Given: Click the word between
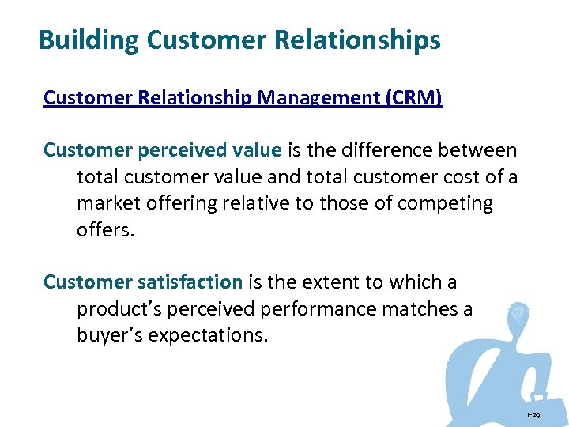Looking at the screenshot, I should tap(481, 150).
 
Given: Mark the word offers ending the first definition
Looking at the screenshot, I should tap(104, 229).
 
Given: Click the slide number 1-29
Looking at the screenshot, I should tap(535, 414).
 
